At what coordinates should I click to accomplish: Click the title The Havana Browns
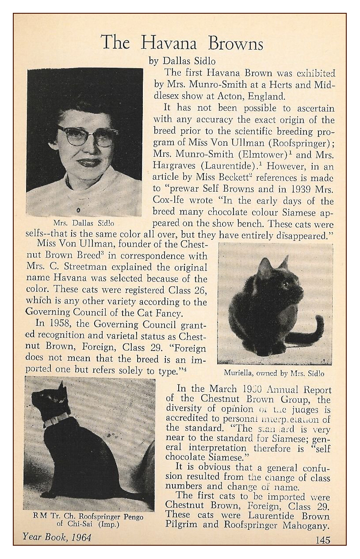click(x=182, y=43)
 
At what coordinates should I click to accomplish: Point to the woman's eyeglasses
click(x=87, y=135)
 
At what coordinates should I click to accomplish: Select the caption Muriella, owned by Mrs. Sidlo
click(x=274, y=373)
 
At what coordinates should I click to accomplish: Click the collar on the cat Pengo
click(x=56, y=419)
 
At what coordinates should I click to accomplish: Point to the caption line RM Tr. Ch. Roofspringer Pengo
click(x=88, y=517)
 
